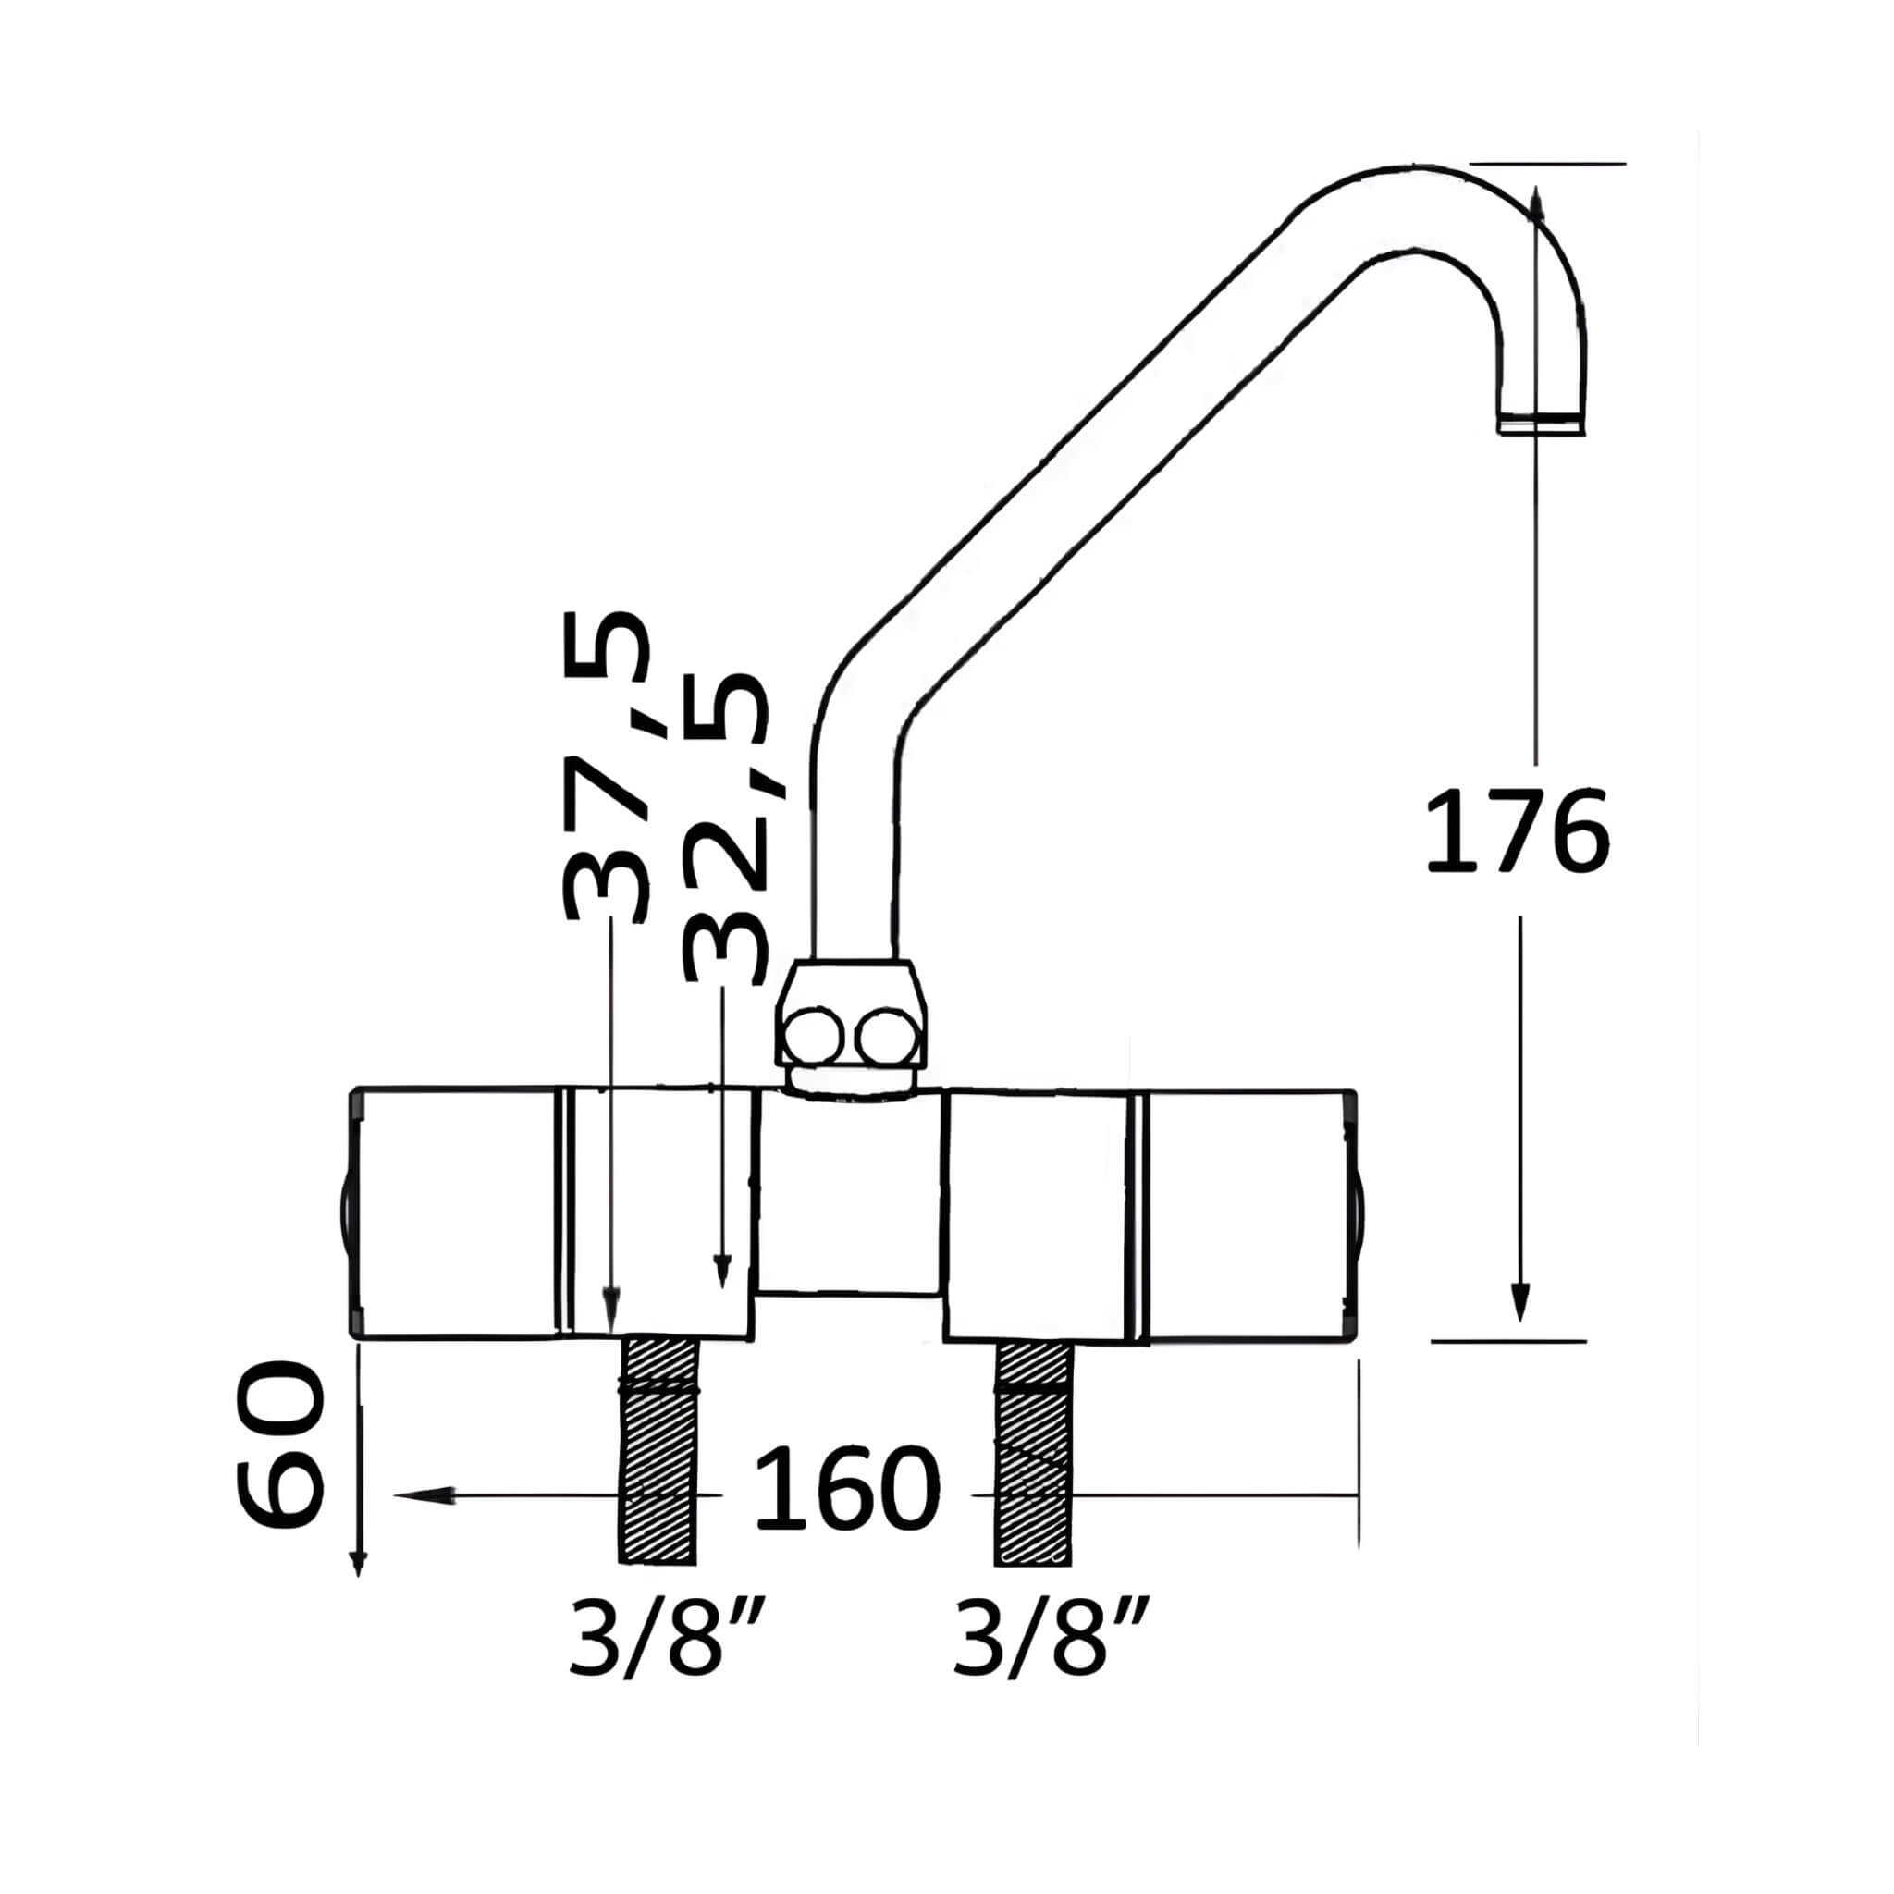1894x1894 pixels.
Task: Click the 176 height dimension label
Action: click(1517, 830)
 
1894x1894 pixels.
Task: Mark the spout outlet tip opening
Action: click(1541, 424)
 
